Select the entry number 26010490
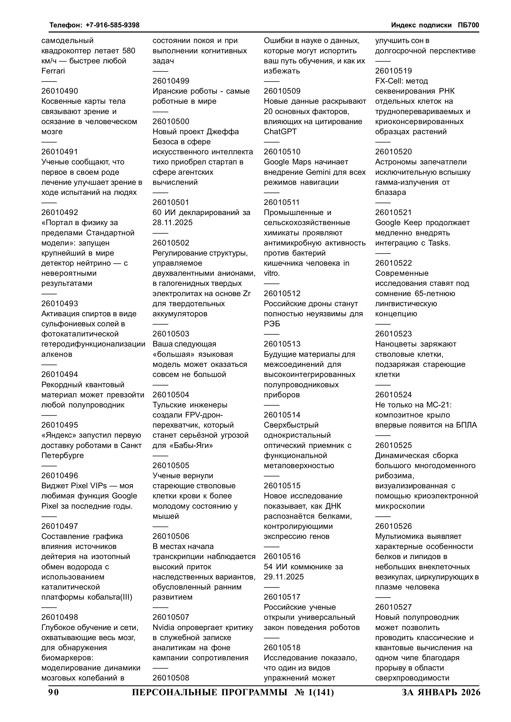click(x=60, y=91)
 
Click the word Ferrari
click(x=53, y=71)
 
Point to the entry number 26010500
click(x=171, y=122)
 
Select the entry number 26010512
click(x=282, y=293)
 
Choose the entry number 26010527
click(x=393, y=607)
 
